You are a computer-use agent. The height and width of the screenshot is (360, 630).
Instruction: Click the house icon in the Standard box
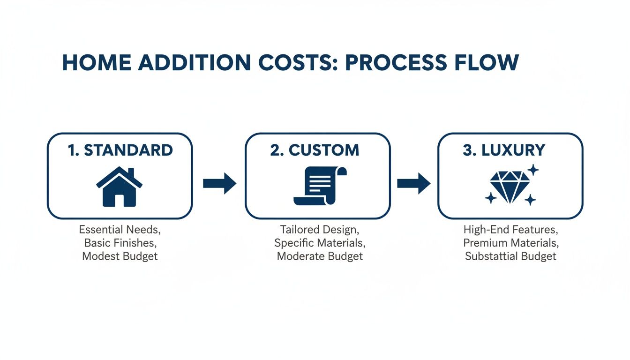(x=119, y=187)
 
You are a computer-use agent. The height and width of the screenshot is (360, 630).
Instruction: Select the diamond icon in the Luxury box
(x=510, y=186)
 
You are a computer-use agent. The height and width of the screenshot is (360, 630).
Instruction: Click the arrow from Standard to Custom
(x=219, y=183)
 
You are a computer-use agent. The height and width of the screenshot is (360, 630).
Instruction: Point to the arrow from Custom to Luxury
(x=413, y=183)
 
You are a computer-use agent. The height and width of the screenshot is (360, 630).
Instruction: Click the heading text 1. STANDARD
(x=120, y=150)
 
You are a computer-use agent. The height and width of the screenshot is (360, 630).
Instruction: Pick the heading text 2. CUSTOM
(x=315, y=150)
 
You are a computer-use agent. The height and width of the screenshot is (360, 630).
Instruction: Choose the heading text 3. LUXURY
(x=504, y=150)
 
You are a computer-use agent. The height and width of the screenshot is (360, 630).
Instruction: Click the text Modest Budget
(x=120, y=256)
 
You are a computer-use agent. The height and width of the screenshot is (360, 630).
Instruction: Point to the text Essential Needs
(x=120, y=230)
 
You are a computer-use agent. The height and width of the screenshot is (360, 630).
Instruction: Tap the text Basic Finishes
(x=120, y=243)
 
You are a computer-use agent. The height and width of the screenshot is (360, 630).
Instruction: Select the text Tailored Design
(x=320, y=230)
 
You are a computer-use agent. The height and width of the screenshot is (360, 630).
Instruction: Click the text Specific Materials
(x=320, y=243)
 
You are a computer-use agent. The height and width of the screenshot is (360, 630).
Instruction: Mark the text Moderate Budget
(x=320, y=256)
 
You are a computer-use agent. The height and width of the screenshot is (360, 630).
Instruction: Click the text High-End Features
(x=510, y=230)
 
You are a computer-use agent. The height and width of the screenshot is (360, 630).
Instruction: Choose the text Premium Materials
(x=510, y=243)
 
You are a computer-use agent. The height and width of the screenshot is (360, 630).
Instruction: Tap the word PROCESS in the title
(x=387, y=63)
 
